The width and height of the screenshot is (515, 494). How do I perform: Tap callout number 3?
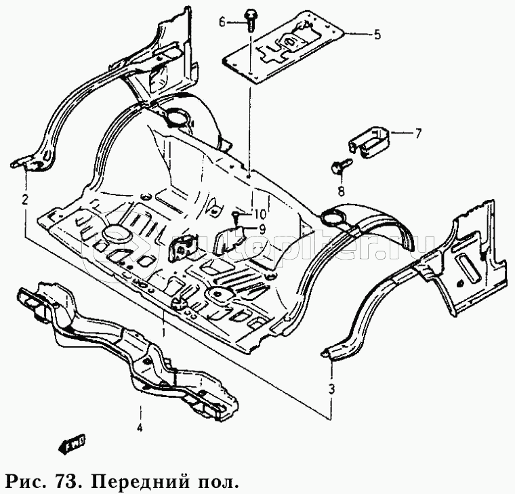coord(331,388)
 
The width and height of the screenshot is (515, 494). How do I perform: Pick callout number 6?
coord(222,22)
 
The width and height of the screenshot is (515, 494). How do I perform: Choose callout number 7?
coord(417,133)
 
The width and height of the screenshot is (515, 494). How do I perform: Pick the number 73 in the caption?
coord(62,482)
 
